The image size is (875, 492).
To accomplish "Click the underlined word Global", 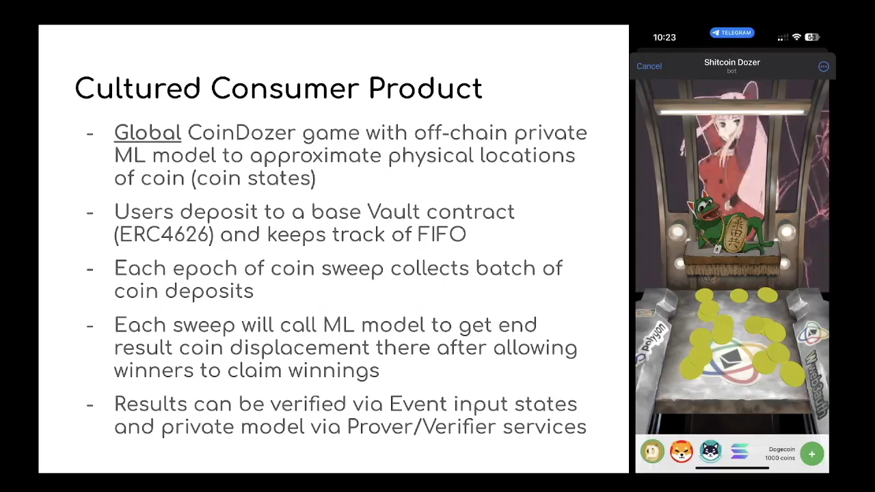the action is point(147,133).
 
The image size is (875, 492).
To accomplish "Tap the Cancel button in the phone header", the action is point(649,66).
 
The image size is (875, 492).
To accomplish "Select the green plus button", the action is point(811,454).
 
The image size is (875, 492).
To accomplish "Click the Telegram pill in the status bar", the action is point(731,33).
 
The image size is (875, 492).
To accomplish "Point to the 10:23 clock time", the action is point(664,37).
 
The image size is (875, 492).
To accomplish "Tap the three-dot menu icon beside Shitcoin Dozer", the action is point(824,66).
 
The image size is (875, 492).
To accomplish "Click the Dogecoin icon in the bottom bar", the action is point(652,452).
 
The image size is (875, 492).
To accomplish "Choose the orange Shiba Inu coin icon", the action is point(682,452).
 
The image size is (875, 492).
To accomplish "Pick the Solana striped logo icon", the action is point(740,452).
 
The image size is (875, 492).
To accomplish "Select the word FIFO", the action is point(442,234).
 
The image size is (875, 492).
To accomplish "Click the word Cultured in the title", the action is point(137,88).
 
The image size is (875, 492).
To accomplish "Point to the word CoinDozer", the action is point(242,133).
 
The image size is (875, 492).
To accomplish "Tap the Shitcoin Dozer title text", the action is point(731,62).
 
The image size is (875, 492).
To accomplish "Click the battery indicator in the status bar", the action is point(813,37).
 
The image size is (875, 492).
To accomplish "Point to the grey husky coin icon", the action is point(710,452).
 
